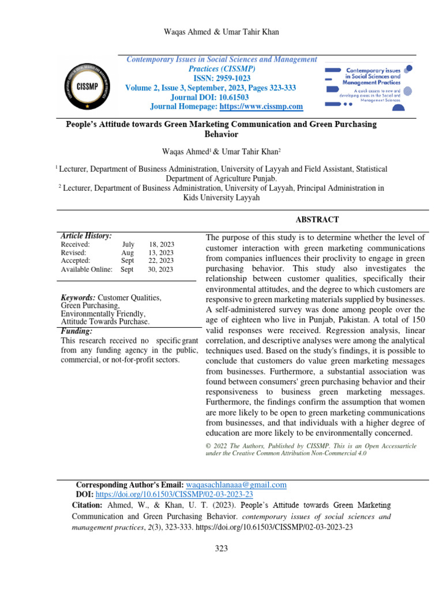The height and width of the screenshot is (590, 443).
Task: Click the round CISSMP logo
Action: pos(84,84)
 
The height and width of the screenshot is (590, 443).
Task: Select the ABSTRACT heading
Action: pos(317,220)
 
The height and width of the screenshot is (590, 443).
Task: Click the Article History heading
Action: pos(86,236)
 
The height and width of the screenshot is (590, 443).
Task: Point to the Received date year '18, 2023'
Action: pos(161,245)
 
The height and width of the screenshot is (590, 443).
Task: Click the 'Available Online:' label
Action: pos(86,269)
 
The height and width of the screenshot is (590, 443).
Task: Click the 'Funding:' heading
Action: pos(77,331)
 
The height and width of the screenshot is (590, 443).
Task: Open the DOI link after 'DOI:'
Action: pos(174,494)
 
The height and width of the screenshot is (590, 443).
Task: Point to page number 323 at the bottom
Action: pos(221,548)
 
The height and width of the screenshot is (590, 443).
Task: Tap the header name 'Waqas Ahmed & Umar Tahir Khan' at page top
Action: pos(221,32)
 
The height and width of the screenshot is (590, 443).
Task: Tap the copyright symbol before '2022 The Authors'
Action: pos(209,447)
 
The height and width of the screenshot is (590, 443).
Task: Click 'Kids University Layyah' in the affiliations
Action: pos(221,197)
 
